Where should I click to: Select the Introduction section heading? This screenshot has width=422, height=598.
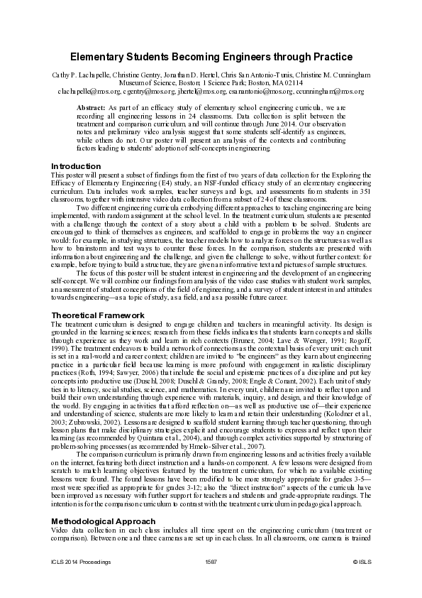coord(76,165)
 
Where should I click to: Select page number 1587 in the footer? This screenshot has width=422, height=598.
coord(211,582)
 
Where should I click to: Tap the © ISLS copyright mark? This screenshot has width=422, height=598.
coord(362,582)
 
